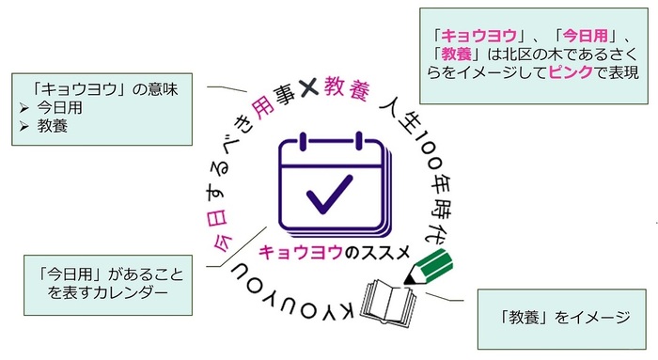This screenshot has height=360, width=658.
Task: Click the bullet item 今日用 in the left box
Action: click(57, 108)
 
